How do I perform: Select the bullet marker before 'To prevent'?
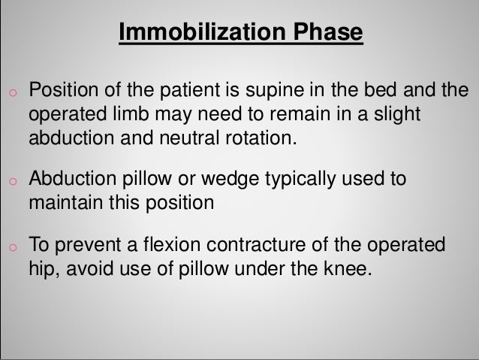click(11, 248)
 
